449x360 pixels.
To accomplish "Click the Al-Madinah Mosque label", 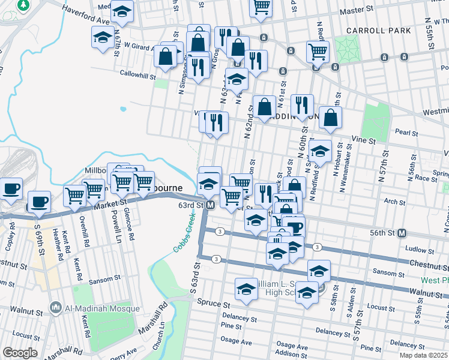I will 103,308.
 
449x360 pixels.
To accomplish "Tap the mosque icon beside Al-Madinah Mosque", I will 56,308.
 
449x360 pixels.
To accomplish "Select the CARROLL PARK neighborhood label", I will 378,31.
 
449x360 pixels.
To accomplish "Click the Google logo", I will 20,353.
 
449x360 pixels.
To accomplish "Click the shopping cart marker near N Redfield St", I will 318,52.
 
